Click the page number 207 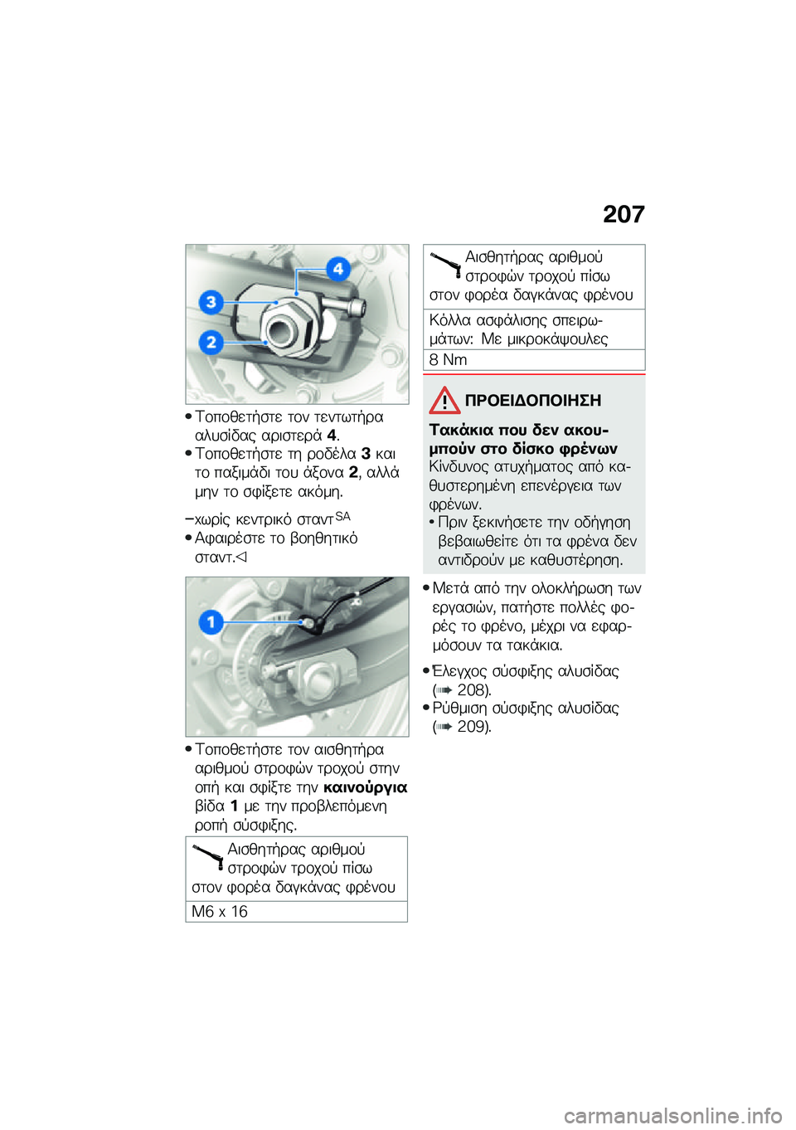coord(624,214)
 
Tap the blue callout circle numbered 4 coord(337,269)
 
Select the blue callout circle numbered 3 coord(211,302)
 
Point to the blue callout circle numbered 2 coord(211,342)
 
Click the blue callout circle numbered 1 coord(211,621)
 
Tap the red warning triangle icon coord(444,401)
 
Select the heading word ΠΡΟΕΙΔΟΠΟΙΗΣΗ coord(532,401)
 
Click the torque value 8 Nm coord(449,360)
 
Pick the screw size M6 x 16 coord(220,912)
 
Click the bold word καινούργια coord(365,787)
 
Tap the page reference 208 coord(473,690)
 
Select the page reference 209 coord(473,727)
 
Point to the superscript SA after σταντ coord(342,516)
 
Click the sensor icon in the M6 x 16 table coord(208,855)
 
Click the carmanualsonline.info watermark coord(672,1116)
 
